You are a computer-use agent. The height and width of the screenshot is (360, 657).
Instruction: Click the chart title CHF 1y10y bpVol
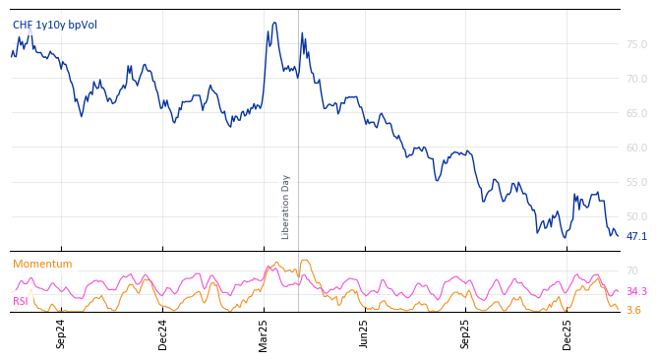55,26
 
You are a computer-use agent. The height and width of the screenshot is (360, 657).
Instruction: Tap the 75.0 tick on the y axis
636,44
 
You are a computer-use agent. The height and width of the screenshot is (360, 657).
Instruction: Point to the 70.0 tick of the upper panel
636,79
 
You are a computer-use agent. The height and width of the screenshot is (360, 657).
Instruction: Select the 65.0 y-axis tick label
636,113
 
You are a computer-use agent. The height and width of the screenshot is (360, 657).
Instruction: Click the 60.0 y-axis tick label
636,148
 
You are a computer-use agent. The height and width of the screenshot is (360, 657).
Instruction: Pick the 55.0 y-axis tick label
636,182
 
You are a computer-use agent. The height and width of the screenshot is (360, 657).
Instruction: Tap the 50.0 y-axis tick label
636,216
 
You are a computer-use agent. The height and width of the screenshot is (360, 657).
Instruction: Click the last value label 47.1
636,236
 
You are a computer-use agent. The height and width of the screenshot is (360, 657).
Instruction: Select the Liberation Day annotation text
286,207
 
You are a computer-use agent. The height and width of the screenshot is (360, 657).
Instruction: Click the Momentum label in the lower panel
42,264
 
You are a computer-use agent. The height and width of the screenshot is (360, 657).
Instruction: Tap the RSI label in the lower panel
21,301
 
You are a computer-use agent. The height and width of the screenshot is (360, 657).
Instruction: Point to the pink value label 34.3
636,291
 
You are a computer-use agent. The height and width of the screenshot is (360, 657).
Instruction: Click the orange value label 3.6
633,310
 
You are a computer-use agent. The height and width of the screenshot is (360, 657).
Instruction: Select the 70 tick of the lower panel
631,270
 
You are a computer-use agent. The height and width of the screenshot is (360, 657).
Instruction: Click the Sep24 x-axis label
61,333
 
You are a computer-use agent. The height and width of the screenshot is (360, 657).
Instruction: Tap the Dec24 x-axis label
163,333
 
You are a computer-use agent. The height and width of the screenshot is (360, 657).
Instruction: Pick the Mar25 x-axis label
264,333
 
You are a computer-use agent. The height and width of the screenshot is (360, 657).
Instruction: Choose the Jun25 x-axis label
365,333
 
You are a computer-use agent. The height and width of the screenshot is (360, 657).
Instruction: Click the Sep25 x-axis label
466,333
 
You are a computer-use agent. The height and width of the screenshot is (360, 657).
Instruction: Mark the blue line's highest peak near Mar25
274,23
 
